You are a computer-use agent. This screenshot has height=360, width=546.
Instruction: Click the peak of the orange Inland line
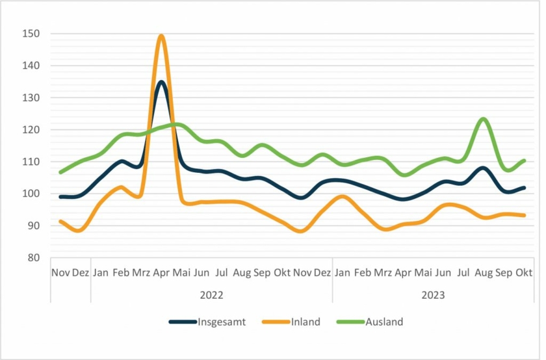click(161, 36)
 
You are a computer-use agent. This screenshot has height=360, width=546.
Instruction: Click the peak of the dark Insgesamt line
click(161, 82)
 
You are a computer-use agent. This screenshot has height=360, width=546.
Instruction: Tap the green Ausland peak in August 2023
click(483, 119)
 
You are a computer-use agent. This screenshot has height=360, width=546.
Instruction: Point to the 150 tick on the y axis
click(31, 34)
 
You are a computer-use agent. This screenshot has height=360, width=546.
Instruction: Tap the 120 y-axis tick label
click(31, 130)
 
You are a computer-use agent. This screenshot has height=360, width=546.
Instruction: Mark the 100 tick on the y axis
click(31, 194)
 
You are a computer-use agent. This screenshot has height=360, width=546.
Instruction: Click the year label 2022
click(211, 294)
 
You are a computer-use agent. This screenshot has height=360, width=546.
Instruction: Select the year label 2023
click(433, 294)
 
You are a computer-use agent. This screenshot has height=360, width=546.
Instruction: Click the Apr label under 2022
click(161, 273)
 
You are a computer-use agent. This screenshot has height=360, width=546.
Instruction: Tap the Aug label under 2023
click(484, 273)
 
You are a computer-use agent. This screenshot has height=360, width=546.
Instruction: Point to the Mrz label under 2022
click(141, 273)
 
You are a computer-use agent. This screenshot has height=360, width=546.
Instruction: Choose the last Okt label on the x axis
click(525, 273)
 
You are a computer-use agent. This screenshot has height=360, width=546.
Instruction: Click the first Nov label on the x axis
click(60, 273)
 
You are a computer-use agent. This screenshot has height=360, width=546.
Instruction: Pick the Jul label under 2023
click(463, 273)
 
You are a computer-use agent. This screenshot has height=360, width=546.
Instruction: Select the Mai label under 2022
click(181, 273)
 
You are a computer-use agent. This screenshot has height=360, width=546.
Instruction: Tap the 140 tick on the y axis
click(31, 66)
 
